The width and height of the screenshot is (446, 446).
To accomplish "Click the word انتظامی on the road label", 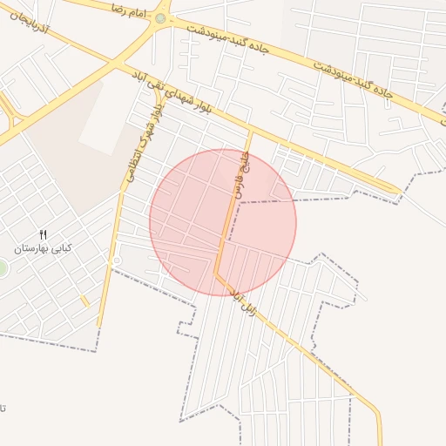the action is (x=132, y=163).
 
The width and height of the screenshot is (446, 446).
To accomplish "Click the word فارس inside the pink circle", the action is (x=232, y=193).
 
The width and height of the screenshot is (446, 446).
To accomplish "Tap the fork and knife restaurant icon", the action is (x=44, y=233).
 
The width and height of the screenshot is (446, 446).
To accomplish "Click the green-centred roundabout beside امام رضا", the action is (x=159, y=17).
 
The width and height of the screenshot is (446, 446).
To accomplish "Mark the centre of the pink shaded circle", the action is (x=223, y=221).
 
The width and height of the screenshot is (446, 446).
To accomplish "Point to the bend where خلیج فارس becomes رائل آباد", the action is (x=216, y=272).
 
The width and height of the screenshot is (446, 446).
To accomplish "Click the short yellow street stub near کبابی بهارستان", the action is (x=84, y=301).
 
